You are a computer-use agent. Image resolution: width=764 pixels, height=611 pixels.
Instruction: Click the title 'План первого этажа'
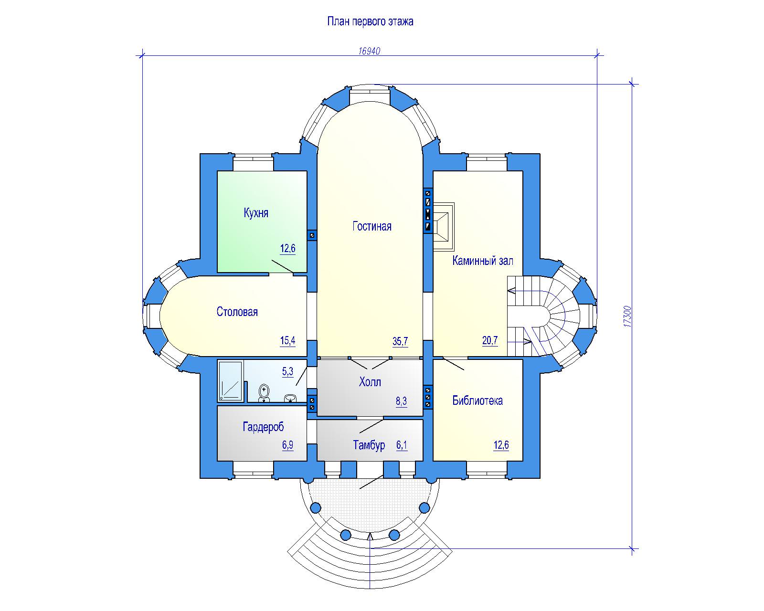pyautogui.click(x=370, y=21)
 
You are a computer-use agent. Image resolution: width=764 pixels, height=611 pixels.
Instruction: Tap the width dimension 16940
pyautogui.click(x=369, y=51)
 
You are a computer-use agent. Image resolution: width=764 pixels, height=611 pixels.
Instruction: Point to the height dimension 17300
pyautogui.click(x=627, y=316)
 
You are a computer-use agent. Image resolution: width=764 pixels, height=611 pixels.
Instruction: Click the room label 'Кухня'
pyautogui.click(x=256, y=213)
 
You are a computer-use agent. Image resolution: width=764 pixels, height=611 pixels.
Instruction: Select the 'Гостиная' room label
pyautogui.click(x=371, y=226)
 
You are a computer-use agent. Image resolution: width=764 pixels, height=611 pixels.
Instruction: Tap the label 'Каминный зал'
pyautogui.click(x=482, y=261)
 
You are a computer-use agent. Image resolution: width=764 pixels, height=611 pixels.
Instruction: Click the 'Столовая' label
pyautogui.click(x=237, y=312)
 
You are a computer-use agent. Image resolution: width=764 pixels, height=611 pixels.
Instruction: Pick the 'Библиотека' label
pyautogui.click(x=477, y=400)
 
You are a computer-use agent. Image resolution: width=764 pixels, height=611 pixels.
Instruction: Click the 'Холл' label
pyautogui.click(x=370, y=382)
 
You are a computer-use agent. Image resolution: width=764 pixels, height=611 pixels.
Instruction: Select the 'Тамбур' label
pyautogui.click(x=369, y=445)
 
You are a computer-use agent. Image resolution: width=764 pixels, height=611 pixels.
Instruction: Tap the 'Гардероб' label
pyautogui.click(x=264, y=427)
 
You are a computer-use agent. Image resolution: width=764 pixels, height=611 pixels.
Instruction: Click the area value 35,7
pyautogui.click(x=400, y=341)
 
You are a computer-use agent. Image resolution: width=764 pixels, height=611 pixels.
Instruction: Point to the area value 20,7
pyautogui.click(x=490, y=341)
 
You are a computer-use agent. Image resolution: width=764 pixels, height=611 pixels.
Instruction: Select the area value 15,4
pyautogui.click(x=287, y=341)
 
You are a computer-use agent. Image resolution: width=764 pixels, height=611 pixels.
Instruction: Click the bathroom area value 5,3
pyautogui.click(x=287, y=372)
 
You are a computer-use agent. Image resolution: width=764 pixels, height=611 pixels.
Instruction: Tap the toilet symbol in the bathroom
pyautogui.click(x=264, y=393)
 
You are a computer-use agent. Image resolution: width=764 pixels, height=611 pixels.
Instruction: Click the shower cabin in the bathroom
pyautogui.click(x=231, y=381)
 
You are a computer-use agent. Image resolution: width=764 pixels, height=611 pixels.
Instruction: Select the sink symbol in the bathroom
pyautogui.click(x=291, y=398)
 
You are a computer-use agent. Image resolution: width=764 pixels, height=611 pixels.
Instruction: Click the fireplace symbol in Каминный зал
pyautogui.click(x=444, y=227)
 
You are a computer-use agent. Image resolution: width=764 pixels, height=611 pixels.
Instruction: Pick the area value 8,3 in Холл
pyautogui.click(x=401, y=401)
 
